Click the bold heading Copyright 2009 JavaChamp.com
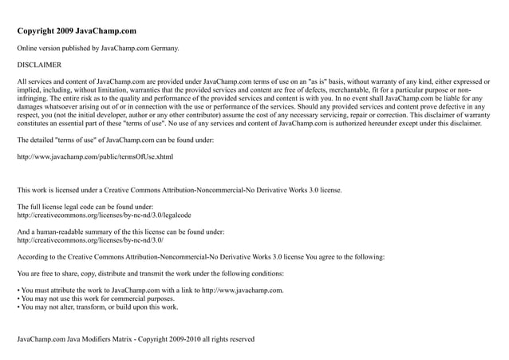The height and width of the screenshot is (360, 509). (x=77, y=31)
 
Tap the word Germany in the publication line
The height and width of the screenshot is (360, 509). (x=163, y=48)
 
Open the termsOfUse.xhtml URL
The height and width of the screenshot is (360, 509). (x=95, y=156)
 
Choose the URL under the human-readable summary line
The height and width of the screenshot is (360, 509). (x=91, y=239)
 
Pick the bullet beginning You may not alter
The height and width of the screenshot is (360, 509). (x=100, y=307)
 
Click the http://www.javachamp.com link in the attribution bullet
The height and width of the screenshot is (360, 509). (x=242, y=290)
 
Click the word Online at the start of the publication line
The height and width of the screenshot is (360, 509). (x=29, y=48)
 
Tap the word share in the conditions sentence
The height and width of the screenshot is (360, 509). (x=69, y=274)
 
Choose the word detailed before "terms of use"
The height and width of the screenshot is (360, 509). (x=47, y=140)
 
